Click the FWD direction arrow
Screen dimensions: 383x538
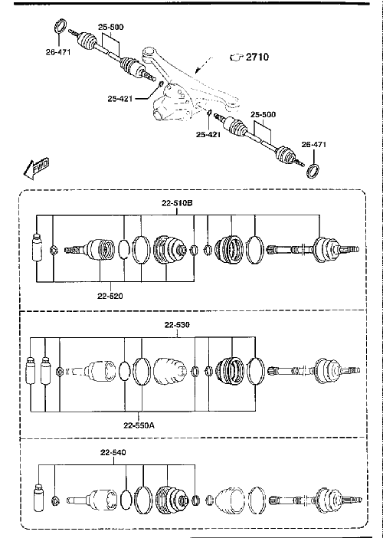tap(36, 168)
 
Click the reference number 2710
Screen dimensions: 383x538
tap(257, 57)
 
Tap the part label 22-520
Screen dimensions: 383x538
tap(110, 296)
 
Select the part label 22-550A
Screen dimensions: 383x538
tap(139, 425)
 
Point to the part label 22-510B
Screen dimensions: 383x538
tap(177, 203)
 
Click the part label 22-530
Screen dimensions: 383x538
tap(177, 325)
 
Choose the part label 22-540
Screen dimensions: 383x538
tap(113, 453)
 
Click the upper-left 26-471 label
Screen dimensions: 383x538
tap(58, 52)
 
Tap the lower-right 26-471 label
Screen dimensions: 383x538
tap(314, 144)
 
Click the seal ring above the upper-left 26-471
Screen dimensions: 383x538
tap(61, 27)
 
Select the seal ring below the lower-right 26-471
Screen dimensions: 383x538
tap(313, 171)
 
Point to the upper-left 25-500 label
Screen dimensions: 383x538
tap(111, 27)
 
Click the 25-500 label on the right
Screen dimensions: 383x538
tap(263, 115)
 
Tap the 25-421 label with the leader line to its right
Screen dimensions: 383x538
tap(120, 99)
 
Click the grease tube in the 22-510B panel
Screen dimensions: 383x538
tap(36, 248)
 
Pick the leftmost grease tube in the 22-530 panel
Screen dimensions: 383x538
tap(31, 371)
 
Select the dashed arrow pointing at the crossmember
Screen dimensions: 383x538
tap(204, 65)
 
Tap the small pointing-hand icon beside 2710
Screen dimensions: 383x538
tap(237, 57)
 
